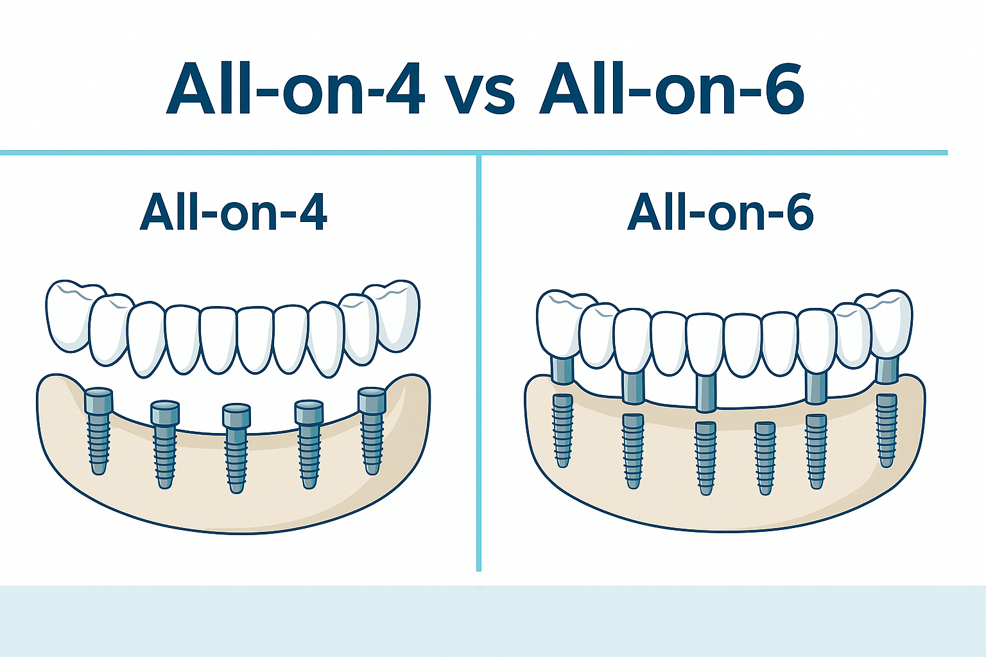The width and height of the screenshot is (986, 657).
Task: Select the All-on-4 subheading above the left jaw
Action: pyautogui.click(x=233, y=212)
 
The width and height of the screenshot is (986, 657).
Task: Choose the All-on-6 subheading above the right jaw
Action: pyautogui.click(x=721, y=212)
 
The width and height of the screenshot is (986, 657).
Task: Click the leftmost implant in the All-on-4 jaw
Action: pyautogui.click(x=99, y=431)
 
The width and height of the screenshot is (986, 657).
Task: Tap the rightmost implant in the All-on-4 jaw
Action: pyautogui.click(x=372, y=431)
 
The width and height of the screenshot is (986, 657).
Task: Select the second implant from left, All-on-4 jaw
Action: pyautogui.click(x=165, y=445)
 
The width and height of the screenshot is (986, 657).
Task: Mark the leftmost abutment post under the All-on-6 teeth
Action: pyautogui.click(x=562, y=369)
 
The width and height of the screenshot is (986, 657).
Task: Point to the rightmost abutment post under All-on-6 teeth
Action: pyautogui.click(x=887, y=369)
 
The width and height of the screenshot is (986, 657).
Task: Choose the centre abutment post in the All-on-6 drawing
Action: pyautogui.click(x=706, y=392)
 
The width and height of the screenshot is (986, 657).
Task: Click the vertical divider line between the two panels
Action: pyautogui.click(x=479, y=363)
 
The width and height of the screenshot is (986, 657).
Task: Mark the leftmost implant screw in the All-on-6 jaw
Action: pyautogui.click(x=562, y=431)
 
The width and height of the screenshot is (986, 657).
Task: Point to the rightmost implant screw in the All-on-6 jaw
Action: pyautogui.click(x=887, y=431)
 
